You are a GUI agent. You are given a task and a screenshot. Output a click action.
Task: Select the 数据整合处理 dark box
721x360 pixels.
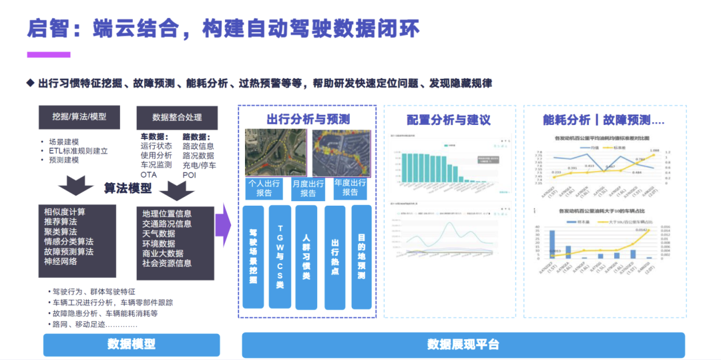click(x=177, y=117)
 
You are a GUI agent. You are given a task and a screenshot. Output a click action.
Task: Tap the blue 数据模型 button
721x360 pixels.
click(x=131, y=344)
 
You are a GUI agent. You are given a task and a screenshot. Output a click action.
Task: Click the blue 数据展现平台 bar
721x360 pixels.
click(x=463, y=344)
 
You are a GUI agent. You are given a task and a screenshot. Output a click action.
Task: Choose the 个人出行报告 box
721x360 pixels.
click(x=264, y=188)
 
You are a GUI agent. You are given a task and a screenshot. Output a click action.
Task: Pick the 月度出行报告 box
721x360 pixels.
click(x=308, y=188)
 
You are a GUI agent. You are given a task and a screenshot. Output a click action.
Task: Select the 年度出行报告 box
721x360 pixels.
click(x=350, y=188)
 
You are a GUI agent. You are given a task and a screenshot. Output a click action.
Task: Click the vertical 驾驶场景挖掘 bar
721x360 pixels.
click(x=254, y=256)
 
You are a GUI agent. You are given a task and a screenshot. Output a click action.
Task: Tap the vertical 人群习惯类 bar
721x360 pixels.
click(x=306, y=256)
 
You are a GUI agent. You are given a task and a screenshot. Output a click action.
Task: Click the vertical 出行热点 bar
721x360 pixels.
click(x=334, y=256)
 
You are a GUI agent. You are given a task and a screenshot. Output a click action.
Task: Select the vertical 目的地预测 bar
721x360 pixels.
click(x=361, y=256)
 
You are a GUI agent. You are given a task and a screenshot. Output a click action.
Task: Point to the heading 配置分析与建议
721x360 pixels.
click(x=449, y=120)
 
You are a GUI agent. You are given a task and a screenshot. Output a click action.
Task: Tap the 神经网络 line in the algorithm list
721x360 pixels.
click(x=61, y=261)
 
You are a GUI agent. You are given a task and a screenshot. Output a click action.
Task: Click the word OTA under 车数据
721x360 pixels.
click(x=148, y=174)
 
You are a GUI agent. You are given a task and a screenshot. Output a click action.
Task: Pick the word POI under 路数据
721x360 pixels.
click(x=190, y=174)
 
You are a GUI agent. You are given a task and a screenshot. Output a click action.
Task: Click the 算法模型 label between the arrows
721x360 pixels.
click(x=128, y=188)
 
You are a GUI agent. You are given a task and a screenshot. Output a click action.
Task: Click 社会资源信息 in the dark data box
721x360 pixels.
click(x=167, y=263)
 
